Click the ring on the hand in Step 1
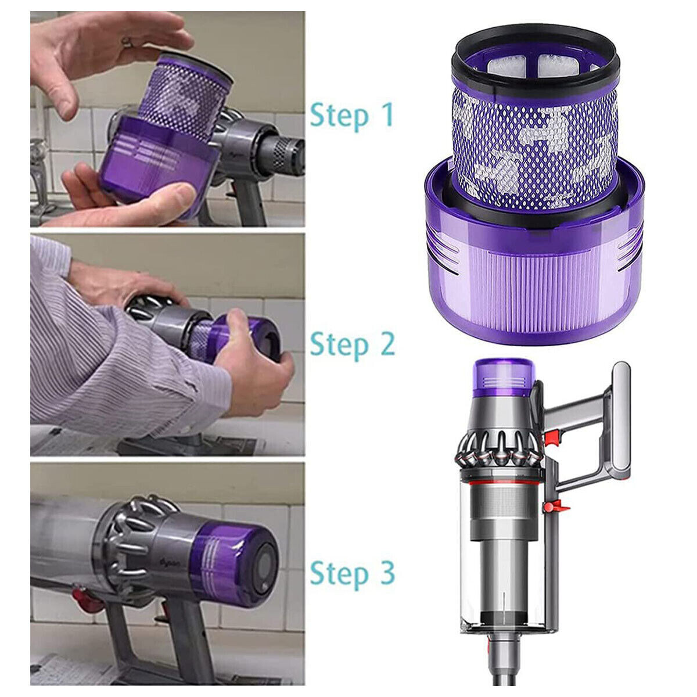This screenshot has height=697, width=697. point(127,42)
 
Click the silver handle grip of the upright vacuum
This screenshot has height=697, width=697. point(621,419)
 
